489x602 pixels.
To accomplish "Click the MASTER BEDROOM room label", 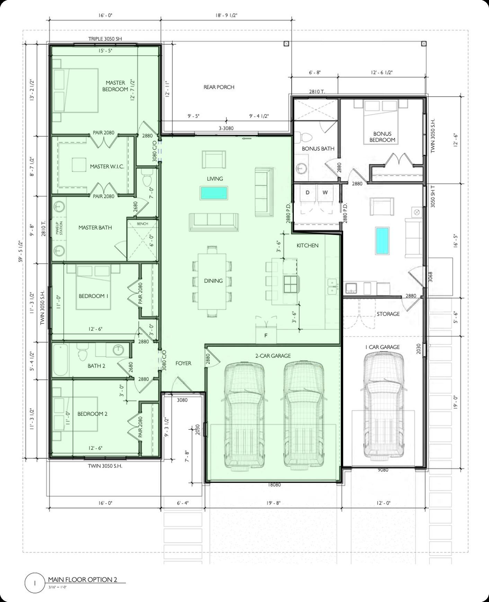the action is [115, 86].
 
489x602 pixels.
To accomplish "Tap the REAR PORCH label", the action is [219, 87].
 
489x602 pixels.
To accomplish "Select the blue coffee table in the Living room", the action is [214, 193].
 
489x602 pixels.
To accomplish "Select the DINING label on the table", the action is [213, 281].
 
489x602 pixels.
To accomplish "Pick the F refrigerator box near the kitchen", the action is [266, 335].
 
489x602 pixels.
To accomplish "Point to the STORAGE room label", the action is [388, 314].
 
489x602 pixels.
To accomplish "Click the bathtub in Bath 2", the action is [61, 360].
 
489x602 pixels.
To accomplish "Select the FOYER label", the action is [183, 363].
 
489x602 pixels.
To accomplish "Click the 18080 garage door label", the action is [274, 485].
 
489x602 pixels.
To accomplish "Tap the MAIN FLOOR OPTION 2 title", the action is [82, 579].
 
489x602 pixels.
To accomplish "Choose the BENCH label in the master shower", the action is [142, 224].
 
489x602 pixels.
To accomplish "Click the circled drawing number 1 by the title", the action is [35, 583].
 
